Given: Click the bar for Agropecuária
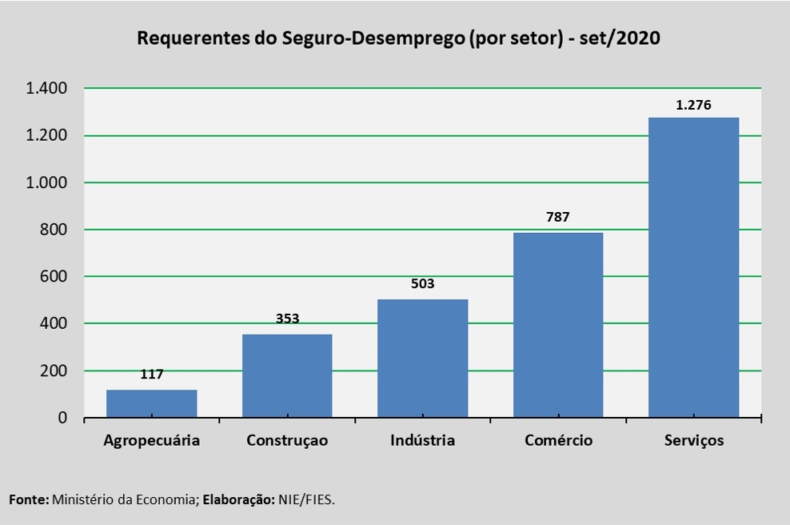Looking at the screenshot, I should pos(151,403).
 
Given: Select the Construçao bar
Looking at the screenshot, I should pos(287,375).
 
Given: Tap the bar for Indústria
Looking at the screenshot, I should pos(422,358).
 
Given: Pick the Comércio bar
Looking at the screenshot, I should pos(558,324).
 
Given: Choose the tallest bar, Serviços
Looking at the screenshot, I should pos(693,267).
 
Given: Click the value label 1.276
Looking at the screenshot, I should pos(693,105).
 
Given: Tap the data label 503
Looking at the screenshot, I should pos(422,284).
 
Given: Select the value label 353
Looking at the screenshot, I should pos(287,319).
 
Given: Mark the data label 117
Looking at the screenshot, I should pos(151,374).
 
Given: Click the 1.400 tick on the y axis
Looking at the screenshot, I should pos(46,88).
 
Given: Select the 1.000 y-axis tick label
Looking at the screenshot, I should pos(46,182).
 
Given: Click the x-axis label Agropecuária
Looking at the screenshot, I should pos(151,441).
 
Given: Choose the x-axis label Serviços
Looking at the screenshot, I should pos(693,441).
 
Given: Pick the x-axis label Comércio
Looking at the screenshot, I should pos(558,441).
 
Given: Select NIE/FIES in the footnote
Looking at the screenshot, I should pos(306,499).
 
